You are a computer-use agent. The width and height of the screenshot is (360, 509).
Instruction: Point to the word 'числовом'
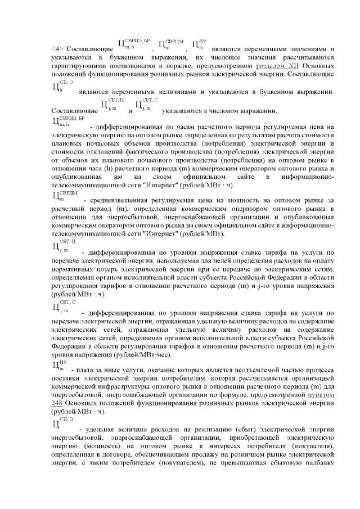(229, 111)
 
